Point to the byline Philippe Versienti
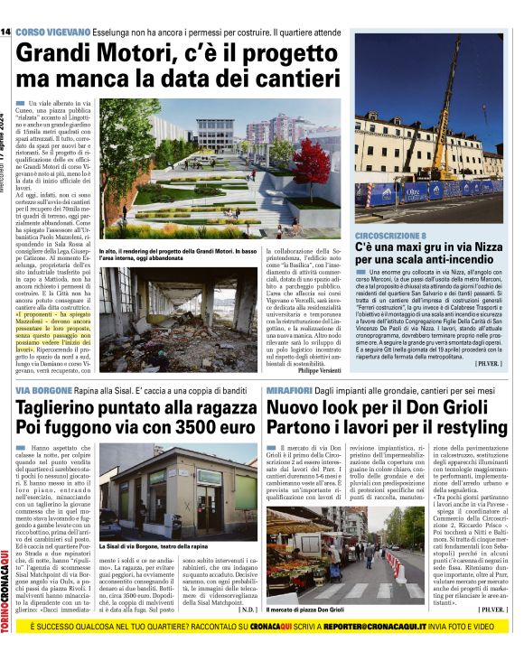point(321,370)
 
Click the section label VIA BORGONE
point(39,390)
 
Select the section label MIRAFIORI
point(290,390)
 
